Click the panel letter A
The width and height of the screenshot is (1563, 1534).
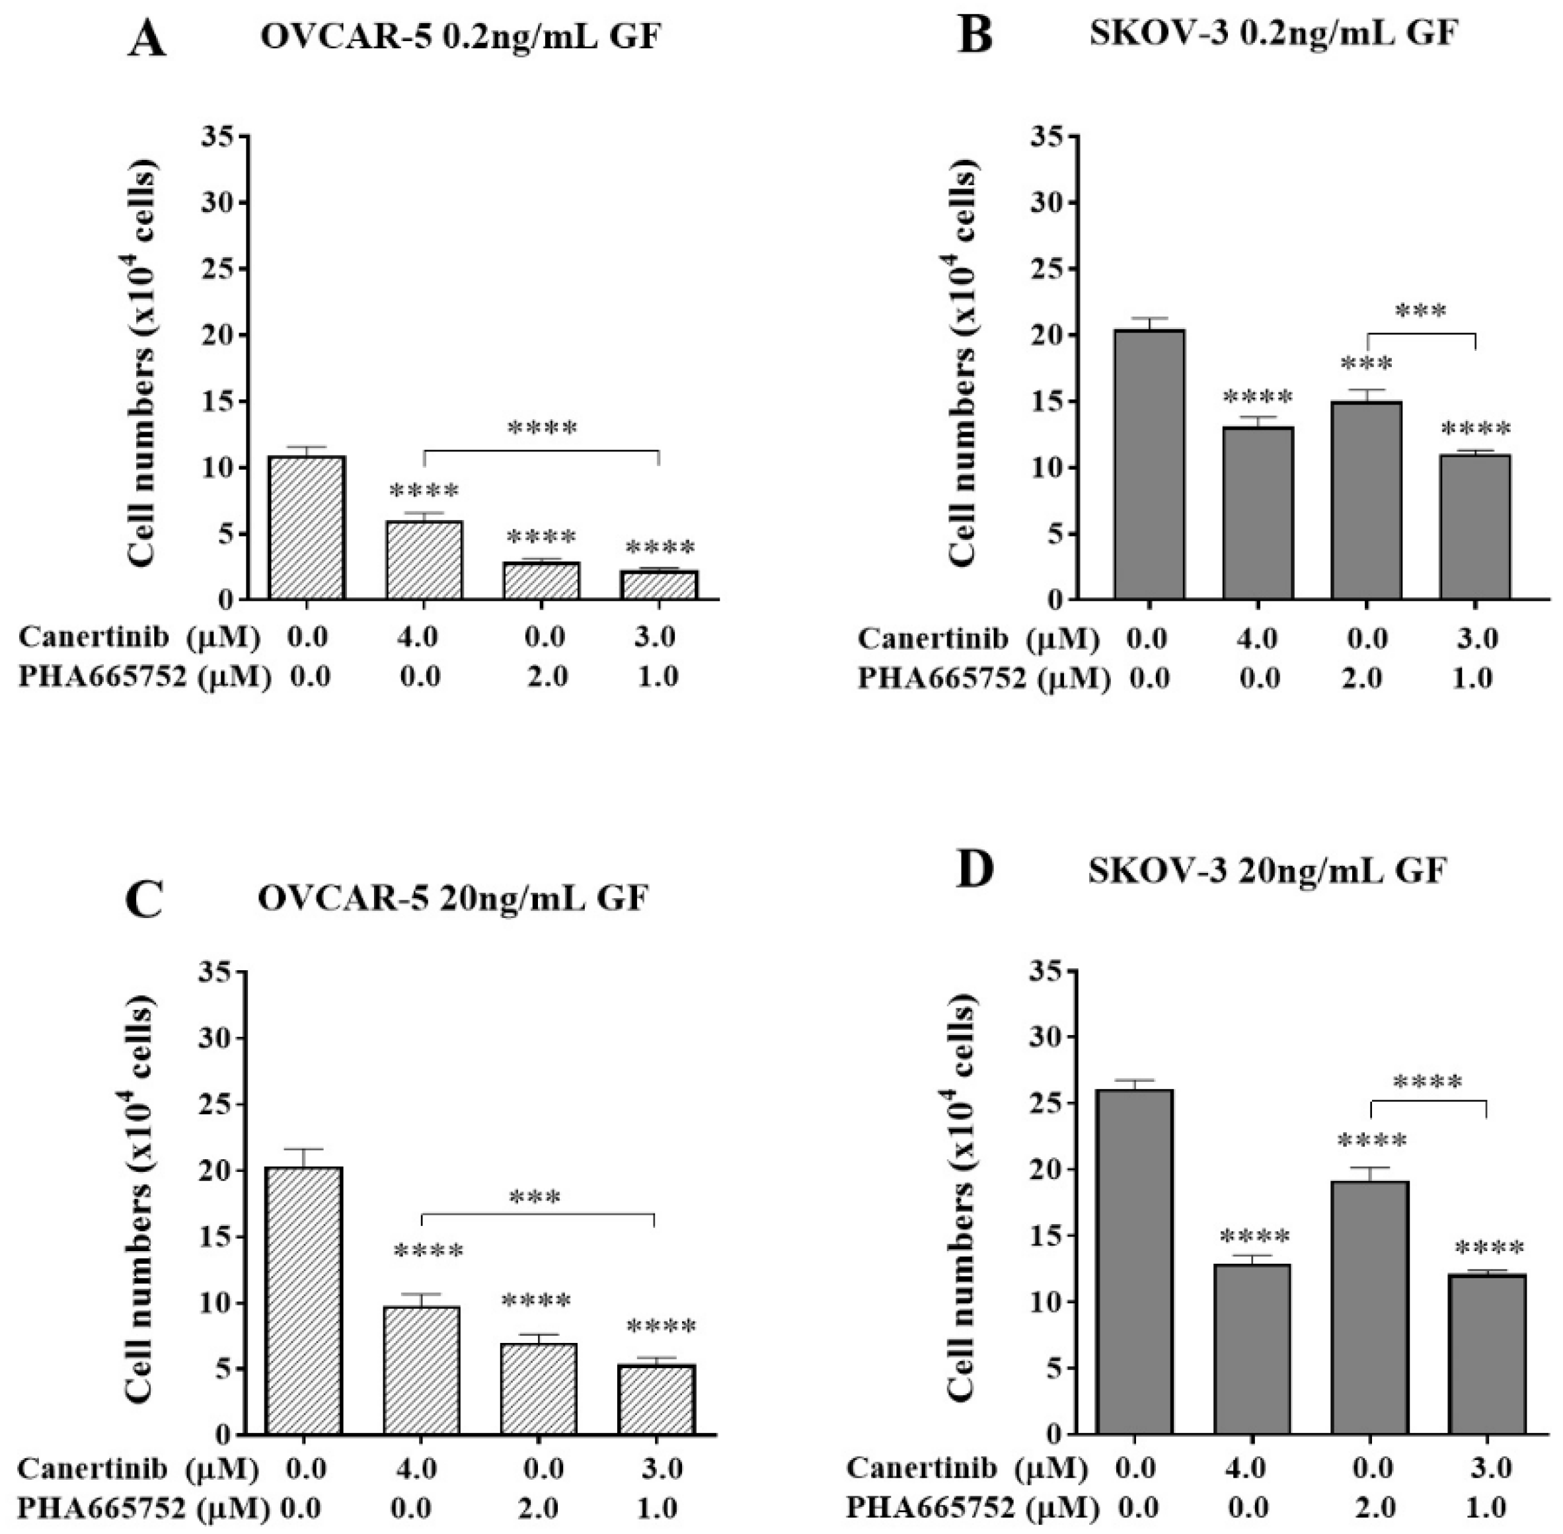(147, 40)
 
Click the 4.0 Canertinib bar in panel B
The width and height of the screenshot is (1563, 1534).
(1258, 514)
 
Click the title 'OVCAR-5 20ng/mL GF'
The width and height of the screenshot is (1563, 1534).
(452, 898)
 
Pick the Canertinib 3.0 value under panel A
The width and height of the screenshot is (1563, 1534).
(657, 637)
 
